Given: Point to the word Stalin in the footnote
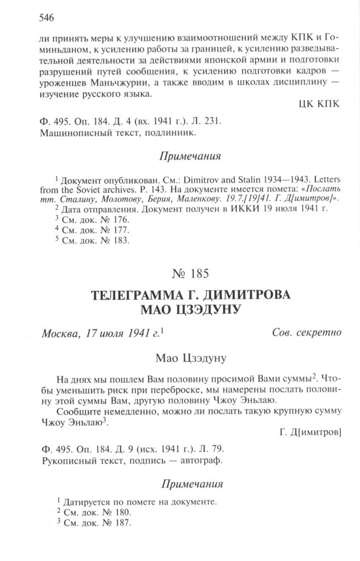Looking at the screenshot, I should pyautogui.click(x=220, y=182).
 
